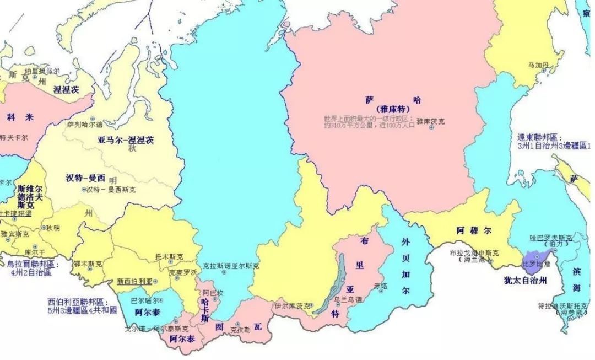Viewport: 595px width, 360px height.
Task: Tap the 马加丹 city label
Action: tap(538, 65)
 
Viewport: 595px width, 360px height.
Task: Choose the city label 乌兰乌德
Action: tap(348, 299)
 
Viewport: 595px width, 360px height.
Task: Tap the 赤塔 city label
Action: tap(381, 286)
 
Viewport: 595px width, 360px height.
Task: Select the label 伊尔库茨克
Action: tap(291, 305)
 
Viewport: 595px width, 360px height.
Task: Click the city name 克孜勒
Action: tap(240, 329)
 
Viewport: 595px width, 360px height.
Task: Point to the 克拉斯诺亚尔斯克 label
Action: tap(231, 265)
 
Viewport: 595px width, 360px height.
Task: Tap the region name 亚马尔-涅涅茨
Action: tap(126, 140)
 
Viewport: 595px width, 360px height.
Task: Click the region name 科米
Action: tap(20, 117)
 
